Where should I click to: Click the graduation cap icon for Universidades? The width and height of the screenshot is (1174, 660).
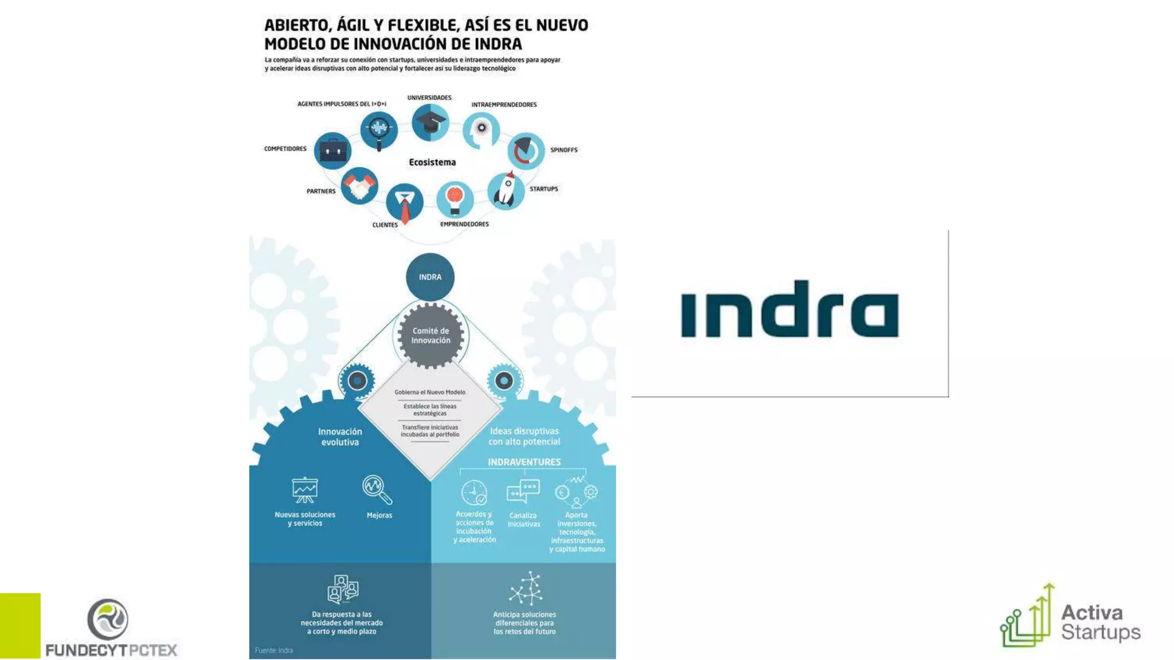(x=430, y=123)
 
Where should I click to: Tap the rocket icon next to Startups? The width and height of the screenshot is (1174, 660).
(x=506, y=190)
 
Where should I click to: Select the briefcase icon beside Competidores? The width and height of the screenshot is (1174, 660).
(x=332, y=151)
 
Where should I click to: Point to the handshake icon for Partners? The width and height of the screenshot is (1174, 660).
(x=359, y=186)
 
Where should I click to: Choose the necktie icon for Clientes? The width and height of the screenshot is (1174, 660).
(x=405, y=203)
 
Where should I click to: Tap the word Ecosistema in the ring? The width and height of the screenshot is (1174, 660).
(x=432, y=162)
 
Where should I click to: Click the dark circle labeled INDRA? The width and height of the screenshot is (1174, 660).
(x=430, y=277)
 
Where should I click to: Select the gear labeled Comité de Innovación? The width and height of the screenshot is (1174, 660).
(x=431, y=336)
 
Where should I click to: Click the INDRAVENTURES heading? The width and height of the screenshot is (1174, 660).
(x=524, y=462)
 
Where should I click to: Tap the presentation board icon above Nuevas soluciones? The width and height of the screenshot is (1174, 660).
(x=304, y=490)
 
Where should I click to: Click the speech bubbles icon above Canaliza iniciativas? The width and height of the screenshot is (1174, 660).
(x=523, y=491)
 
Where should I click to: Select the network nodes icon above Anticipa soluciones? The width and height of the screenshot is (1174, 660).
(x=526, y=588)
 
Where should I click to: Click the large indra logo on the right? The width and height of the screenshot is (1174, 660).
(x=789, y=309)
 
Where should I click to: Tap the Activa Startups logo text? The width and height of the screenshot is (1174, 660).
(x=1100, y=622)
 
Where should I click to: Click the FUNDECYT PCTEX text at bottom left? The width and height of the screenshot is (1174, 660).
(x=111, y=650)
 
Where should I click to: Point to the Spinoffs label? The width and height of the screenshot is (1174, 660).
(x=563, y=150)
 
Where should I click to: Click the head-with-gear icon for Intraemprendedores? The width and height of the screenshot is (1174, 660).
(x=481, y=130)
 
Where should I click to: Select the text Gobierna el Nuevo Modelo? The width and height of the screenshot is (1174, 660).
(x=430, y=392)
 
